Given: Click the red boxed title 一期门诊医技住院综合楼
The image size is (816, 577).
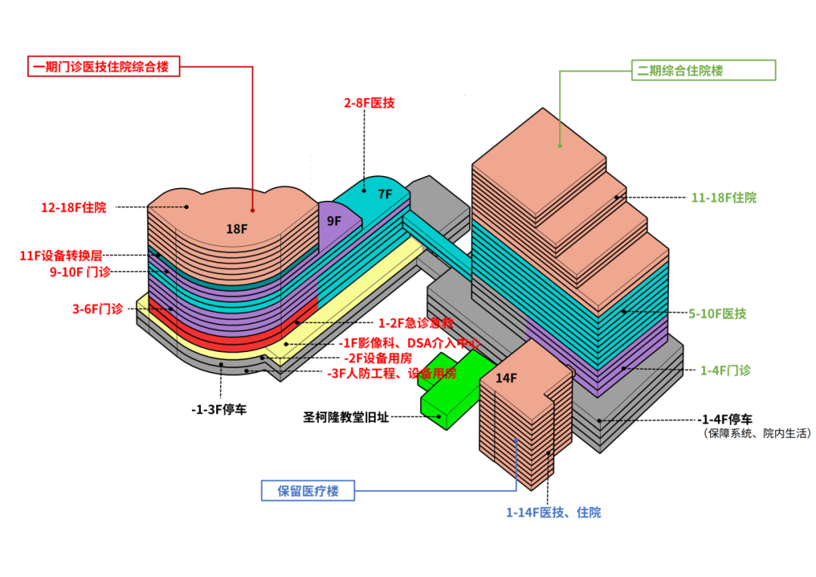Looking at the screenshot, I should click(106, 66).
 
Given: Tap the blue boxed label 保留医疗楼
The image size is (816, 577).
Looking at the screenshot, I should click(307, 492).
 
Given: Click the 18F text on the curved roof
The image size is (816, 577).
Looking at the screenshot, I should click(236, 229).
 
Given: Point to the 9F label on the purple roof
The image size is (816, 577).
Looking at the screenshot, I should click(334, 221).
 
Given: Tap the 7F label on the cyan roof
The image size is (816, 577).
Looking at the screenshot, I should click(385, 194).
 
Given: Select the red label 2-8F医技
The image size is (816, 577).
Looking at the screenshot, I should click(369, 103).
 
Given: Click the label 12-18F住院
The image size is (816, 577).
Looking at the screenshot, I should click(73, 207).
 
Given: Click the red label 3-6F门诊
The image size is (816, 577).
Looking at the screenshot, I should click(97, 309).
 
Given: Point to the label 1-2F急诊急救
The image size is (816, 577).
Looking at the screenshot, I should click(416, 322).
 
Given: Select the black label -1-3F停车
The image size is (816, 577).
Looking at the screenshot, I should click(218, 409).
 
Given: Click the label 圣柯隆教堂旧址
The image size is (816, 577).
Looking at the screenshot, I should click(346, 417).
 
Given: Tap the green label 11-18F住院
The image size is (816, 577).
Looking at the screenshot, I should click(723, 198).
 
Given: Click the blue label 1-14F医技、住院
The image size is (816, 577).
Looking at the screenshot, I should click(553, 513).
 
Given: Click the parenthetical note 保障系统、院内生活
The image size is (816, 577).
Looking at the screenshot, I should click(756, 434).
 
